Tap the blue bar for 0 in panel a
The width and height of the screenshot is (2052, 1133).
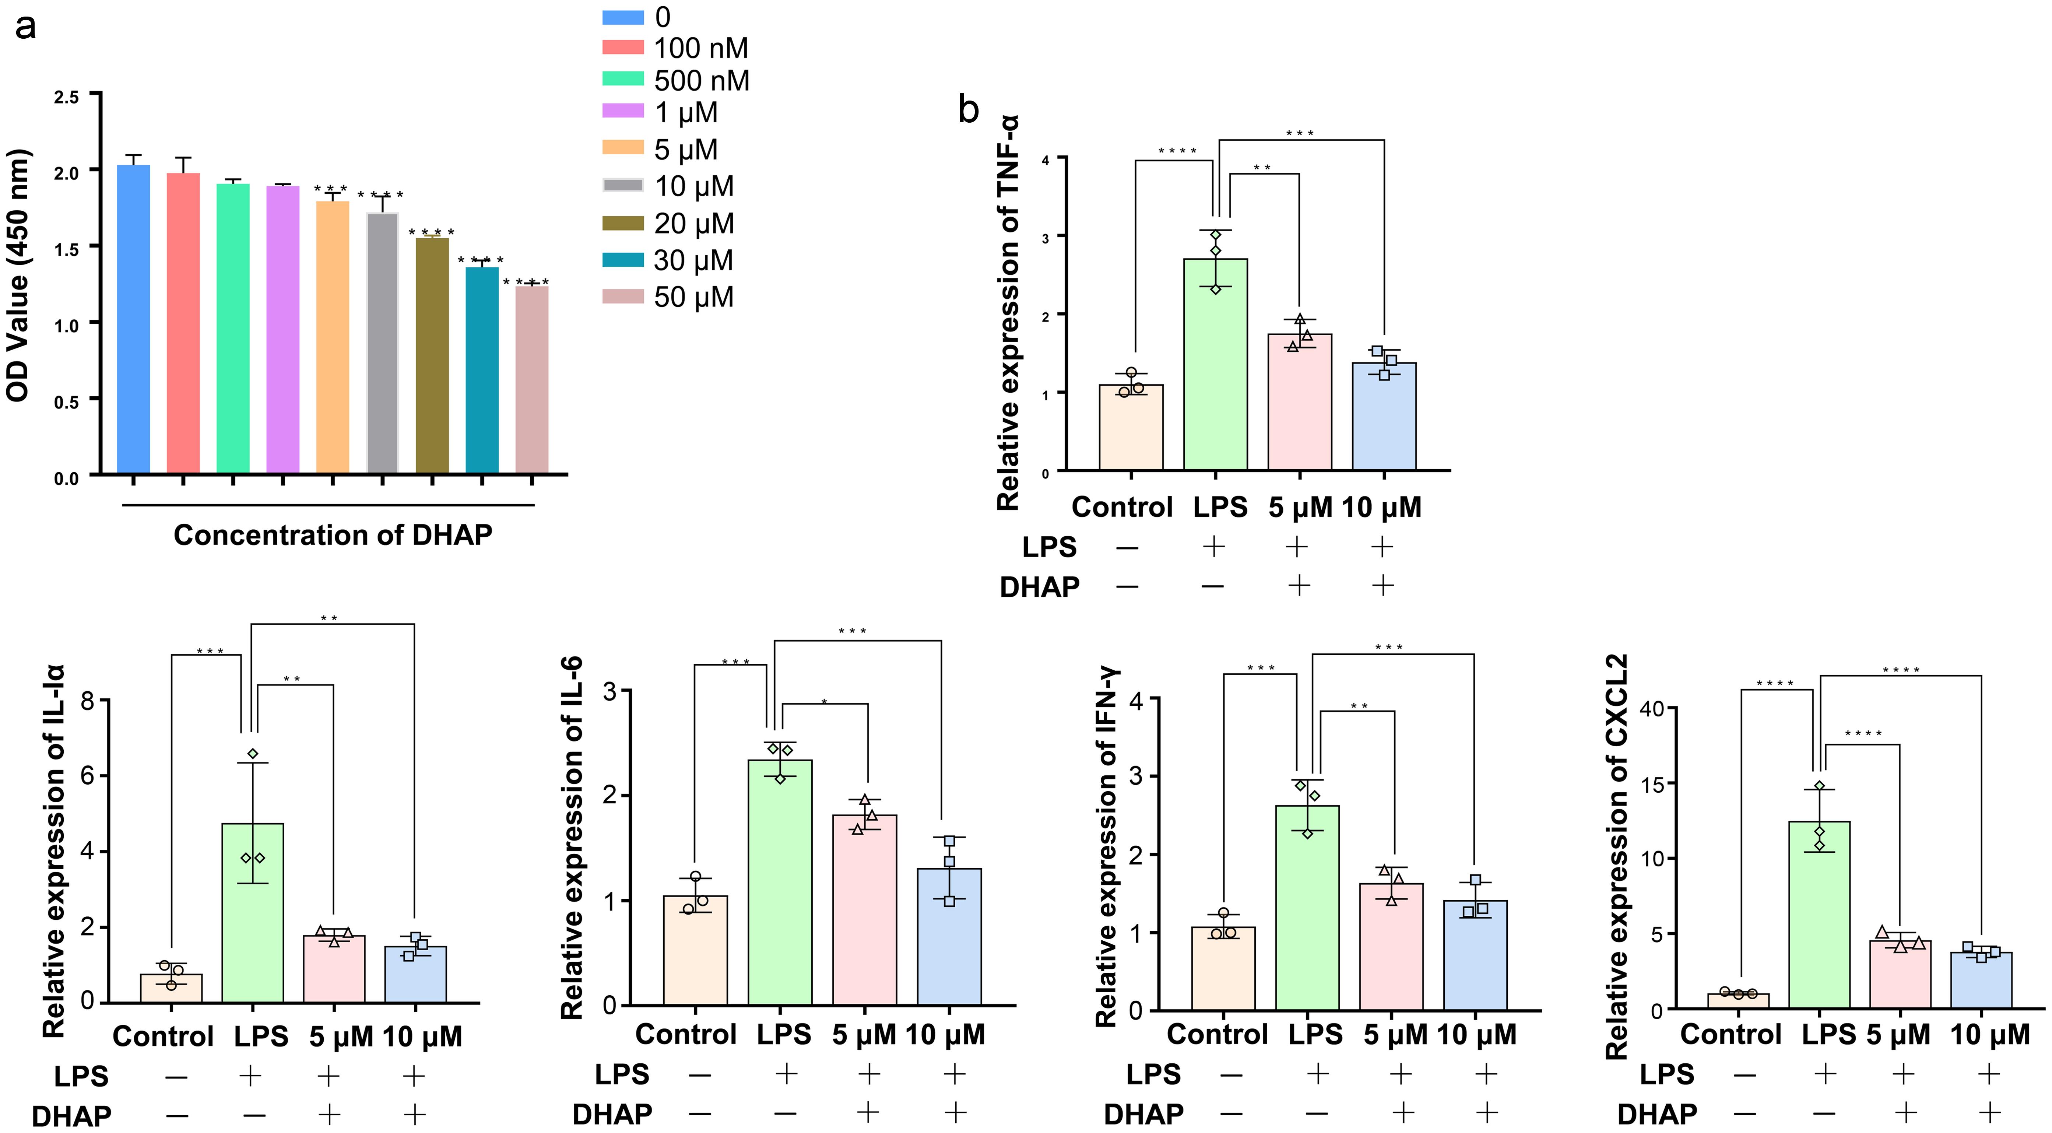(x=133, y=319)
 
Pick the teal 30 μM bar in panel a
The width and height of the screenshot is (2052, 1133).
(x=482, y=371)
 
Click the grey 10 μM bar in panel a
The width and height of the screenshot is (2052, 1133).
(x=382, y=343)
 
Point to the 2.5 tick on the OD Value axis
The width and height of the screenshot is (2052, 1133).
(x=67, y=97)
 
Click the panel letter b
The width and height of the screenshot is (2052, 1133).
(x=968, y=109)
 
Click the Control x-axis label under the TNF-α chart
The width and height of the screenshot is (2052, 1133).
(x=1122, y=507)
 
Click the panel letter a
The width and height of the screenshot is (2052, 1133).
(x=25, y=26)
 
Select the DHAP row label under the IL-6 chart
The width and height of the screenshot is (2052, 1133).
(x=612, y=1113)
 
